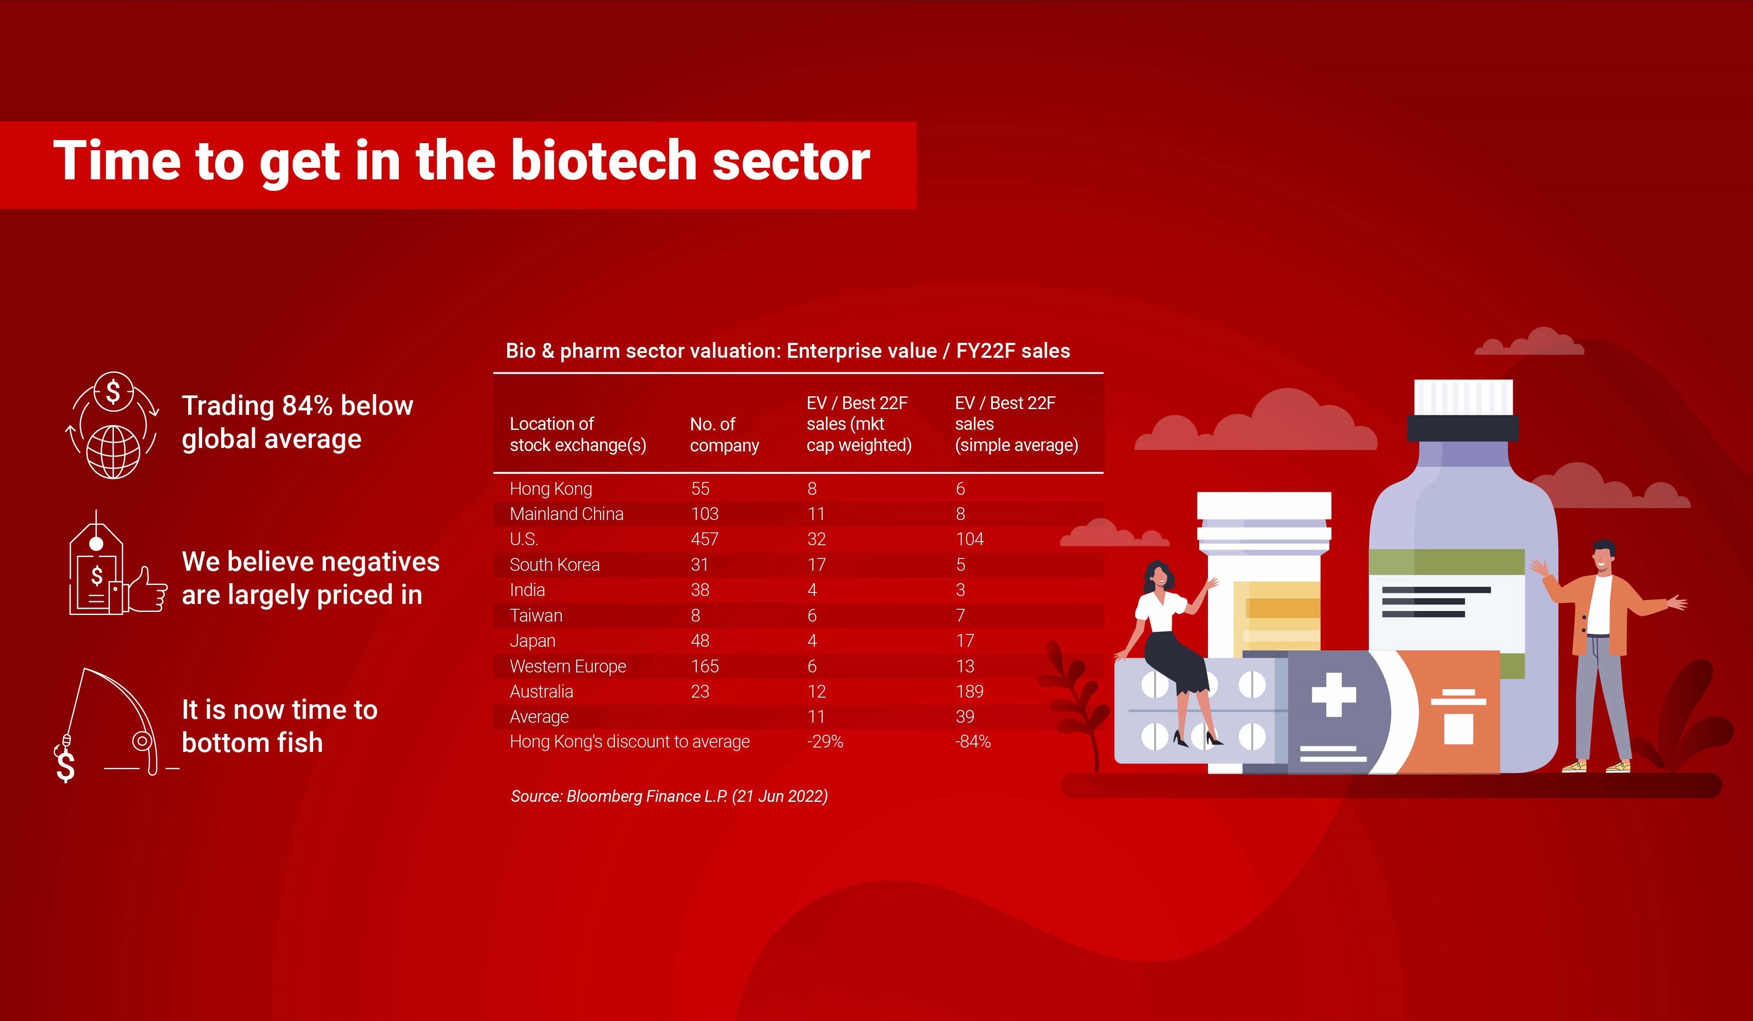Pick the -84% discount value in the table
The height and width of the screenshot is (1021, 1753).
coord(973,741)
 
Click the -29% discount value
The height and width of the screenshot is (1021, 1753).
coord(825,741)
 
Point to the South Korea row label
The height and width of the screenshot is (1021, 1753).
coord(554,565)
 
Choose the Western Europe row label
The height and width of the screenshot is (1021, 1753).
coord(568,666)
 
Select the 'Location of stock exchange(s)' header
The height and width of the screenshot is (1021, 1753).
coord(577,434)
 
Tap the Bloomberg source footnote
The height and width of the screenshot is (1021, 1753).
coord(669,796)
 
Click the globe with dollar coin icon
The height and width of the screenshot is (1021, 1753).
coord(113,426)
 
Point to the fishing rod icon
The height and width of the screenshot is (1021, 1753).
coord(115,724)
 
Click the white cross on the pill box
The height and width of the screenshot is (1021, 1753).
coord(1333,695)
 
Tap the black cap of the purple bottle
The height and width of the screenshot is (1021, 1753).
coord(1462,428)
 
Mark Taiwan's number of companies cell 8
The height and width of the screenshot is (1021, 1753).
coord(696,615)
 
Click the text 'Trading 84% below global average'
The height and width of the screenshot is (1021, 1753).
coord(297,422)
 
